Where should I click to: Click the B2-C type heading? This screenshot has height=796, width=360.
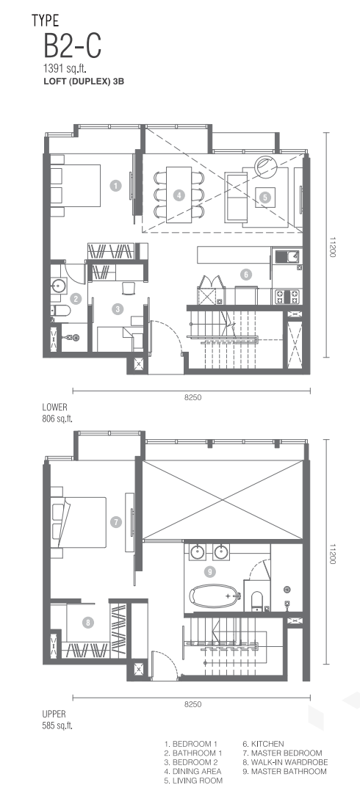72,46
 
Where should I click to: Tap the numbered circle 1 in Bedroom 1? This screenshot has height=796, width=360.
116,186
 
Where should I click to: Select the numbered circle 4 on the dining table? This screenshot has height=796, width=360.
179,195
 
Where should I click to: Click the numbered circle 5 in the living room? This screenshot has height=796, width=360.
265,197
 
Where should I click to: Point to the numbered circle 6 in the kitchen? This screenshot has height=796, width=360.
245,275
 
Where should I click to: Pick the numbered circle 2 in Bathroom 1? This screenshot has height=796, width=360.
76,298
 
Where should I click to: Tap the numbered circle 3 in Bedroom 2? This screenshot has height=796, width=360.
118,308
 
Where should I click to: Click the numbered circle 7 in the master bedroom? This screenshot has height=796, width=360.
116,521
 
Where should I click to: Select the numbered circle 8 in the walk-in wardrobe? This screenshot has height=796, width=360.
89,623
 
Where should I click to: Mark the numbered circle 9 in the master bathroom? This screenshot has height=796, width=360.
209,572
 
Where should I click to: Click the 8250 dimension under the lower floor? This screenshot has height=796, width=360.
192,397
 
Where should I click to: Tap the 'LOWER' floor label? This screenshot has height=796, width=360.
55,407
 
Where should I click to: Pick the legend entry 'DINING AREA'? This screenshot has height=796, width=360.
192,771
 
